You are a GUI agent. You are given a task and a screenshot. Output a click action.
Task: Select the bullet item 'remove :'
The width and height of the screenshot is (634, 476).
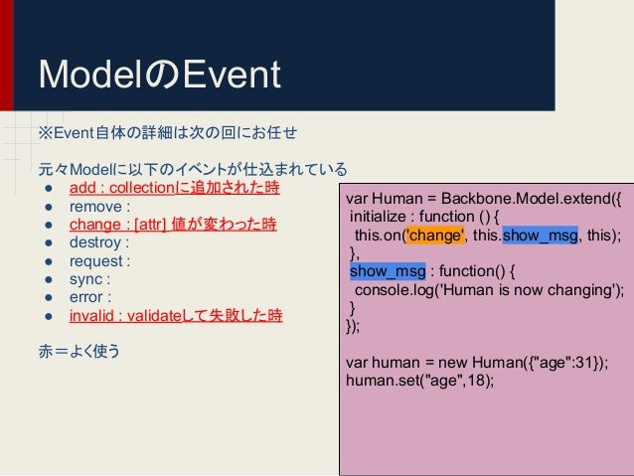tap(99, 207)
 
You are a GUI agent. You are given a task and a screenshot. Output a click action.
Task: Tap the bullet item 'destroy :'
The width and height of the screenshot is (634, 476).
tap(99, 242)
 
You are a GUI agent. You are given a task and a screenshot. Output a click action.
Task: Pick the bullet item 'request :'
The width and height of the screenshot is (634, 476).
tap(99, 261)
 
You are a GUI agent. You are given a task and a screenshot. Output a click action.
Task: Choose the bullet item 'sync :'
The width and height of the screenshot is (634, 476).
tap(89, 279)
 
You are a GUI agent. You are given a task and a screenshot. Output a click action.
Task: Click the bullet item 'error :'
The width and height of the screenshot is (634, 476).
tap(90, 297)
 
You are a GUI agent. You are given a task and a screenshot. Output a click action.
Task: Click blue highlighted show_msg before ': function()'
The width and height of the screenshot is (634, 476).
tap(388, 270)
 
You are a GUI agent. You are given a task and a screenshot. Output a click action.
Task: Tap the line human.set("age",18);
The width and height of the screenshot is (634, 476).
tap(419, 381)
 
